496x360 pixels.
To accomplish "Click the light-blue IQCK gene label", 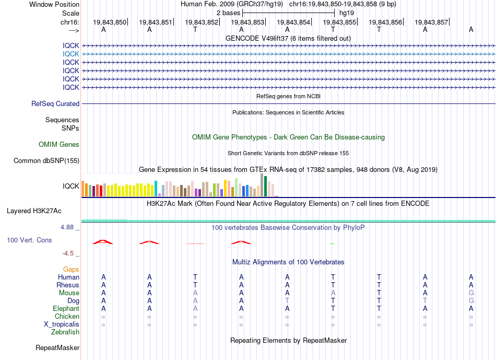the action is (71, 54).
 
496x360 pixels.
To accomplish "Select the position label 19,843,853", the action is (247, 22).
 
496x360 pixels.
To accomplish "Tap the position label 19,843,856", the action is (385, 22).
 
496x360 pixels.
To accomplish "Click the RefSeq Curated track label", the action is (55, 104).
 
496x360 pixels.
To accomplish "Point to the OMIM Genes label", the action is (59, 144).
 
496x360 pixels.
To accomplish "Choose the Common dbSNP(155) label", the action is (46, 161).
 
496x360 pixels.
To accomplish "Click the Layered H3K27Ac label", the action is (34, 211).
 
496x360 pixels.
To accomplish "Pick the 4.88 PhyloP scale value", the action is (67, 227).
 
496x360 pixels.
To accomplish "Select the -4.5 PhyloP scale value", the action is (68, 253).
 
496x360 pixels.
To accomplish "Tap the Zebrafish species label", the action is (65, 332).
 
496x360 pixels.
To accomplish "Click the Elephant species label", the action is (66, 309).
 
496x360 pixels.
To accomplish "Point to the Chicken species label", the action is (67, 317).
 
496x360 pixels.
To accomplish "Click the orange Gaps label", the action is (71, 270).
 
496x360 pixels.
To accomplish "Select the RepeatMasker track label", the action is (57, 348).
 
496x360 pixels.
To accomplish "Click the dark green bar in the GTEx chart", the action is (266, 186).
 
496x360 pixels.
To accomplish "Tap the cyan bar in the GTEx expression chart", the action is (156, 189).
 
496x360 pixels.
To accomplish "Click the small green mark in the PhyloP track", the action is (332, 243).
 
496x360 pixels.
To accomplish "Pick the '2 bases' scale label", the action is (228, 13).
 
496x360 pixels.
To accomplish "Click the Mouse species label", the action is (69, 293).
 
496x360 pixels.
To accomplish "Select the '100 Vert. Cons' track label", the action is (29, 240).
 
